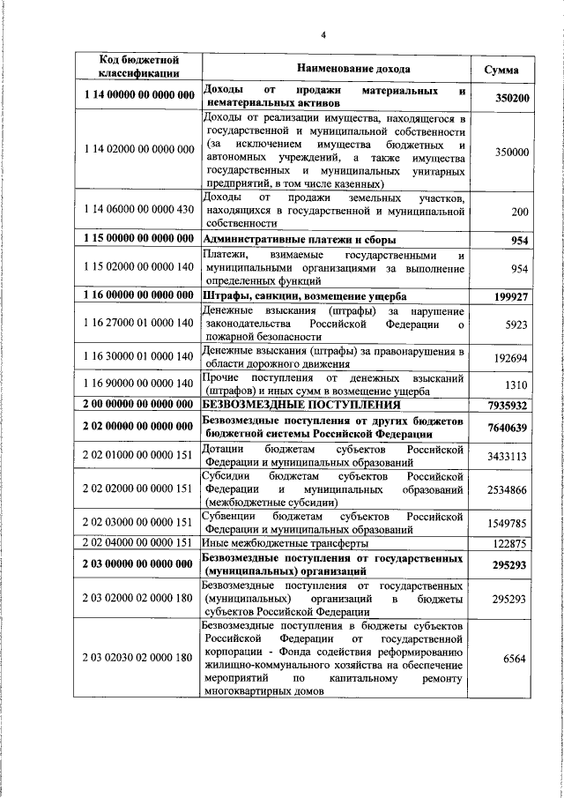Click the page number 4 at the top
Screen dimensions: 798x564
click(323, 34)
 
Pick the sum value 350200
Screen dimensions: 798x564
click(511, 99)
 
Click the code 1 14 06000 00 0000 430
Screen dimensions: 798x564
click(139, 210)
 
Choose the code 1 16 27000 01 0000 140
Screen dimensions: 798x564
click(139, 324)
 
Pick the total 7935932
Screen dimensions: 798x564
click(508, 406)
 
